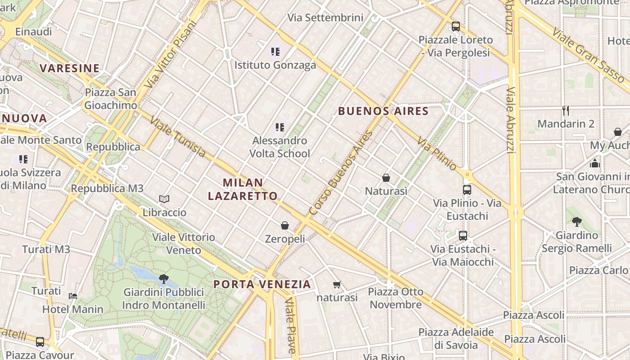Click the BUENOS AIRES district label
[x=383, y=111]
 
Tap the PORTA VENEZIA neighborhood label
[x=262, y=284]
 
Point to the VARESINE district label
[x=69, y=68]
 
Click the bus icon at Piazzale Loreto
[x=456, y=26]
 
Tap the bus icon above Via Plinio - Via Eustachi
[x=467, y=190]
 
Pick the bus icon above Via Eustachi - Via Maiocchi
[x=463, y=235]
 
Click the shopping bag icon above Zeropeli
[x=284, y=225]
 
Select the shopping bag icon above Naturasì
[x=386, y=178]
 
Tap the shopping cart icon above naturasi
[x=337, y=284]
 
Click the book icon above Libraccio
[x=164, y=199]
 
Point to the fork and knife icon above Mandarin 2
[x=566, y=110]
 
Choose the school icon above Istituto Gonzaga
[x=275, y=52]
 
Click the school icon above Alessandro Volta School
[x=280, y=127]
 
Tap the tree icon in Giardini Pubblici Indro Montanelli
[x=164, y=279]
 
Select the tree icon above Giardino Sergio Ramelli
[x=576, y=221]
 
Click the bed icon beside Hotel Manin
[x=73, y=296]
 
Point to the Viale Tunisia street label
[x=178, y=137]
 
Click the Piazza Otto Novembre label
[x=396, y=298]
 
